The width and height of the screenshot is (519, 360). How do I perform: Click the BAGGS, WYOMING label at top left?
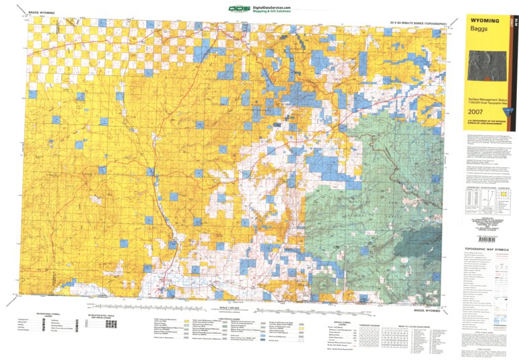coord(42,12)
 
